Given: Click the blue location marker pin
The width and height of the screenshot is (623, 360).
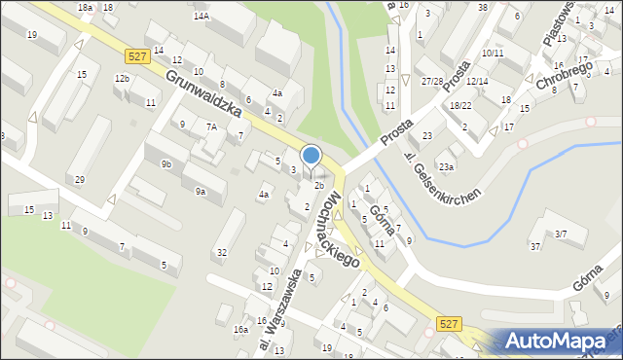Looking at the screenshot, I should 311,156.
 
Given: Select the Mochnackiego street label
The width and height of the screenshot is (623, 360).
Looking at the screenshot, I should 347,230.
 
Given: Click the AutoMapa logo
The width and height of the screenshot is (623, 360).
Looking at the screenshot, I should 565,341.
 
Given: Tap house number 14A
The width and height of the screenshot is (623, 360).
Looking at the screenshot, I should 202,17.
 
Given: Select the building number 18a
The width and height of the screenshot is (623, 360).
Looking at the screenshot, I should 86,7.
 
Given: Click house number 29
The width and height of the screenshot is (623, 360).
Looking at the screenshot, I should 80,179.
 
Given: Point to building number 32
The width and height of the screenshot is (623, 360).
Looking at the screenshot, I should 222,252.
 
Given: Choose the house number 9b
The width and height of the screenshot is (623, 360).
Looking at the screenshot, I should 167,163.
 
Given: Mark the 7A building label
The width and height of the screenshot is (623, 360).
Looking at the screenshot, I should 210,126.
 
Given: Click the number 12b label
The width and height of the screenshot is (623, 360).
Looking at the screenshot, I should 122,78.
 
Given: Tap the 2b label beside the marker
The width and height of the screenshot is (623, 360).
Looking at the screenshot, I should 319,185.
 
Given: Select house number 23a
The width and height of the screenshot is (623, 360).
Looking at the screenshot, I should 446,166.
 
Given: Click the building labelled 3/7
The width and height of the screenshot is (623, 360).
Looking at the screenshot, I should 561,234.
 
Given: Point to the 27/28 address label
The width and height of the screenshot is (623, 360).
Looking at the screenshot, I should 432,81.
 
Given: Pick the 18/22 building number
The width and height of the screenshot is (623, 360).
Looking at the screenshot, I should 460,105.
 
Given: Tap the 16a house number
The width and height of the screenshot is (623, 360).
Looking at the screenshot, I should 240,330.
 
